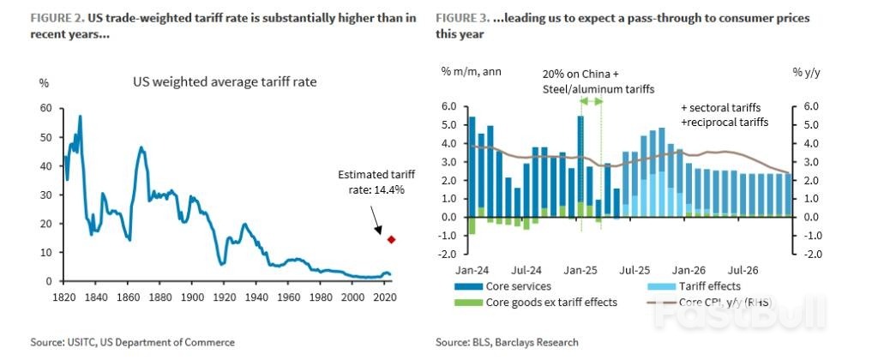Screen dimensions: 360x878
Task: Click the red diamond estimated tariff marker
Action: [x=391, y=239]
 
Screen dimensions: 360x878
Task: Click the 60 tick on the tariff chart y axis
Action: [x=46, y=109]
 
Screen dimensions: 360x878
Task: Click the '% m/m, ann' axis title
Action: [x=471, y=70]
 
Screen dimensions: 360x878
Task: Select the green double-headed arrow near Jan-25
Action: [x=591, y=101]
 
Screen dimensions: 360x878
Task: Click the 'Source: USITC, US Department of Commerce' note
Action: [x=132, y=342]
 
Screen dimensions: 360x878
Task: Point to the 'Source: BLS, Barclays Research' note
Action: [x=507, y=342]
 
